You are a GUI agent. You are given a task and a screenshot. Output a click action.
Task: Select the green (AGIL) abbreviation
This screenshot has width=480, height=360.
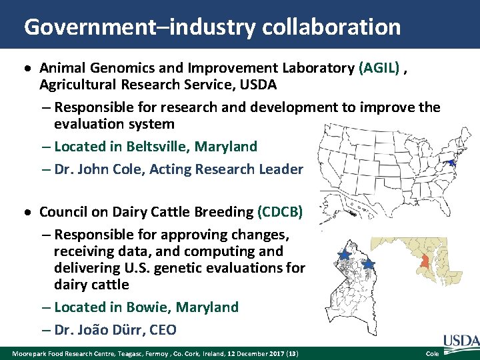380,67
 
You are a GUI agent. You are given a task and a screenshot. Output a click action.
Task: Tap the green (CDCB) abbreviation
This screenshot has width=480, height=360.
279,212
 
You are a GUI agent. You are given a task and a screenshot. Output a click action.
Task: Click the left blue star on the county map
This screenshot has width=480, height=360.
344,255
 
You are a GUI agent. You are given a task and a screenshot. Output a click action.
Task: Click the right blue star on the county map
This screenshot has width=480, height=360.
368,264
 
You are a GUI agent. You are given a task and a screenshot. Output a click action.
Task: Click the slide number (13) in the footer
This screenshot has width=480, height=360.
294,353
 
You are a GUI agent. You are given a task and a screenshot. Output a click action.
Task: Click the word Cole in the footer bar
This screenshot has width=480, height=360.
432,353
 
